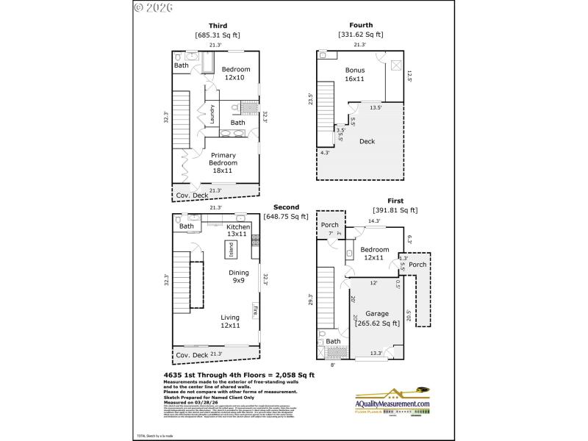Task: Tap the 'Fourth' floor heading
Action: (x=361, y=26)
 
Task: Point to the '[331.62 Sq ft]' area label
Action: (x=361, y=35)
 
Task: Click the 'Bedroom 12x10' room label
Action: (x=236, y=73)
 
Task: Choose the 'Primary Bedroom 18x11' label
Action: (x=223, y=162)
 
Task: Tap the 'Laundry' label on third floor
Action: (x=212, y=115)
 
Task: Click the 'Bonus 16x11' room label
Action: (x=355, y=75)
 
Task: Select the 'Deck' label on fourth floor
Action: (x=367, y=141)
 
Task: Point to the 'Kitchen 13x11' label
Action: (x=238, y=231)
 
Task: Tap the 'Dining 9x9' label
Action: (x=238, y=276)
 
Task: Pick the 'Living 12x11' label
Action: (x=230, y=322)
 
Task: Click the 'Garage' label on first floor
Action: (x=378, y=313)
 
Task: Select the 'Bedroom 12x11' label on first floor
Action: (x=373, y=253)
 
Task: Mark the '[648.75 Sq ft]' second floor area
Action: (x=286, y=216)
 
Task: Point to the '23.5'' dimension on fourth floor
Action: (x=312, y=98)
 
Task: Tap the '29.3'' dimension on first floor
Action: (x=312, y=301)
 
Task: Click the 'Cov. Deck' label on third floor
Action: (x=191, y=195)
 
